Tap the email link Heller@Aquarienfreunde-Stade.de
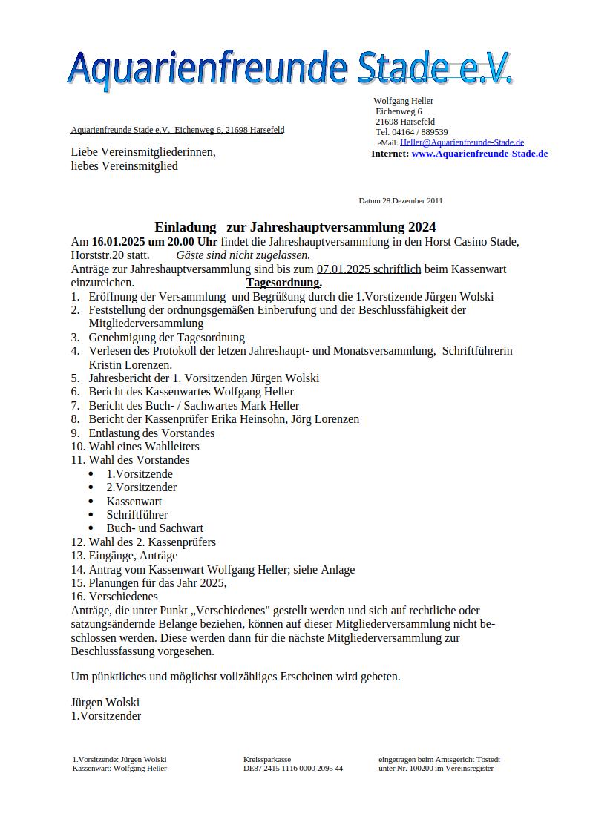[x=462, y=142]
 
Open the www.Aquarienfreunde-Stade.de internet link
[x=479, y=154]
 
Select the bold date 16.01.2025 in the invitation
[x=118, y=242]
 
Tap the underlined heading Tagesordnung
[x=283, y=283]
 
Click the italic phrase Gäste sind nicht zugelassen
[x=243, y=255]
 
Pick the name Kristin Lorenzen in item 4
[x=130, y=364]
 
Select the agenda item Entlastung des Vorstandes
[x=151, y=433]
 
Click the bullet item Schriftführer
[x=137, y=514]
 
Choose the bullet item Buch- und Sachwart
[x=154, y=528]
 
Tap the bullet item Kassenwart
[x=134, y=501]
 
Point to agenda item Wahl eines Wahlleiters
[x=144, y=446]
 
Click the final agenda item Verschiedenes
[x=123, y=596]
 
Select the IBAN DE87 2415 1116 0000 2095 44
[x=292, y=769]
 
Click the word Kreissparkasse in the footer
[x=266, y=759]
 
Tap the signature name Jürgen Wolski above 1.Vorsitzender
[x=105, y=702]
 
